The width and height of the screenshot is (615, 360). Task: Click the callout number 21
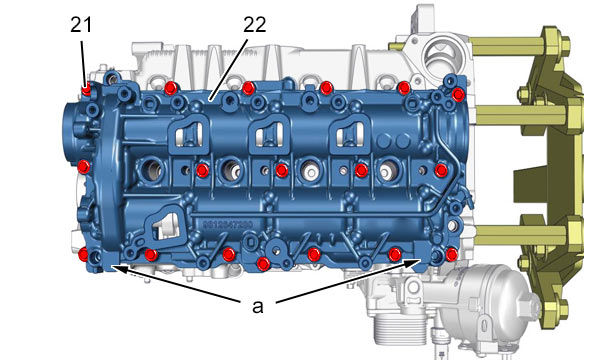coord(81,25)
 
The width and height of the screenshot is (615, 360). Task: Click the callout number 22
coord(255,25)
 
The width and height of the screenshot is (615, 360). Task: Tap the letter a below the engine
coord(258,307)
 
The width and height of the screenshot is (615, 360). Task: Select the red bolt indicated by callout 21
coord(86,90)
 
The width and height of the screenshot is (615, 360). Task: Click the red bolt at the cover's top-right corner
coord(458,95)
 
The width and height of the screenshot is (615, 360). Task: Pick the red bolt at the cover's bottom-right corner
coord(451,255)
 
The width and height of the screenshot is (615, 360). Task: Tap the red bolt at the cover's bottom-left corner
coord(83,255)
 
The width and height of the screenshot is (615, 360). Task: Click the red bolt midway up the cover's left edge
coord(84,167)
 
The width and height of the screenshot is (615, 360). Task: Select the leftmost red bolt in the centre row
coord(202,171)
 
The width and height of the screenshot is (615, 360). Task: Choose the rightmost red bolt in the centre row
coord(441,170)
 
